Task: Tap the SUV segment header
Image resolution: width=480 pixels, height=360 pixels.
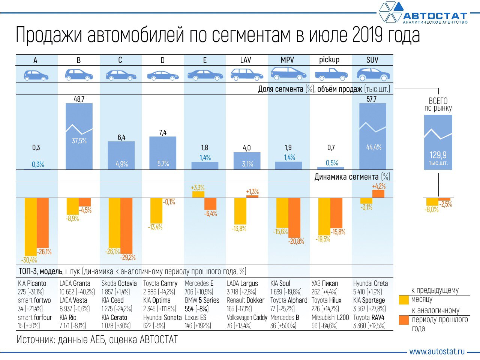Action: click(x=372, y=60)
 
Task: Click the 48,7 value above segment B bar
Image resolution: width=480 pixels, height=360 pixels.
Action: click(x=79, y=99)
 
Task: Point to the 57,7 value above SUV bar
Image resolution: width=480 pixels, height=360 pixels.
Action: click(x=372, y=99)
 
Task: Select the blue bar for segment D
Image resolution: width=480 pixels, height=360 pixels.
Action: click(x=163, y=153)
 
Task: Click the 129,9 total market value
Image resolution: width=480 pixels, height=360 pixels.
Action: click(x=438, y=155)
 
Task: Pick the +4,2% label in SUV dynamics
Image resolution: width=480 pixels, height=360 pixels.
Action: click(x=379, y=186)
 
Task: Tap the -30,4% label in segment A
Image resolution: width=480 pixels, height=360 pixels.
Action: click(x=29, y=260)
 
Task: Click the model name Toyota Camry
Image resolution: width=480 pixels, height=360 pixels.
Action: click(x=160, y=283)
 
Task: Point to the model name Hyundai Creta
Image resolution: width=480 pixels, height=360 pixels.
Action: click(x=370, y=283)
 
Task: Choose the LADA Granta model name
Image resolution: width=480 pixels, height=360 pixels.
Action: click(x=75, y=283)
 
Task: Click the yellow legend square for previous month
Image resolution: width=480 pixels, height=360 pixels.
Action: click(x=404, y=300)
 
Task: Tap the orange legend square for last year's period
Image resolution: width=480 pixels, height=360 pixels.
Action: click(x=404, y=320)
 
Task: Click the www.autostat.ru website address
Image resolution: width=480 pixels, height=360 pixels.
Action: click(x=437, y=351)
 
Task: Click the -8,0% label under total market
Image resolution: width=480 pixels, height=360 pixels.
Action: click(x=431, y=210)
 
